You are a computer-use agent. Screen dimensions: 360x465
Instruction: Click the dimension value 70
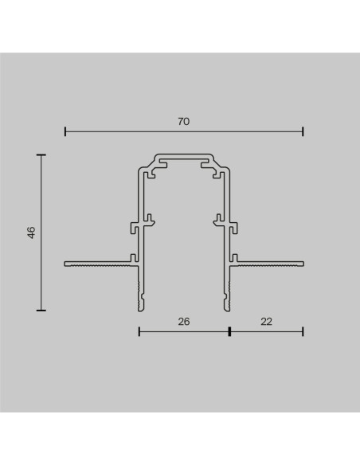[x=183, y=122]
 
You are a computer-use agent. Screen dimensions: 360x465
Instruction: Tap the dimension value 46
[x=31, y=232]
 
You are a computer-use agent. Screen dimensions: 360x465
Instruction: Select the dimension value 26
[x=183, y=322]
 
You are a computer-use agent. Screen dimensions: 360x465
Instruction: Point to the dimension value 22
[x=266, y=322]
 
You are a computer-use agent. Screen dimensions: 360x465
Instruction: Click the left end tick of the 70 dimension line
[x=65, y=131]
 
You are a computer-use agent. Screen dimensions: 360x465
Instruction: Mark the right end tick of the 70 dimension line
[x=303, y=131]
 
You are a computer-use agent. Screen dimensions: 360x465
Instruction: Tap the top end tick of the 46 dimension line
[x=41, y=154]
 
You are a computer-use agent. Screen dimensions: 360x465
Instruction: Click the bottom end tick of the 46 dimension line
[x=41, y=311]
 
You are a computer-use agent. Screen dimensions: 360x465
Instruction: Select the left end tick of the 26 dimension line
[x=139, y=331]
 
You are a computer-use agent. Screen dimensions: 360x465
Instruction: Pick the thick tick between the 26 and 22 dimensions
[x=229, y=331]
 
